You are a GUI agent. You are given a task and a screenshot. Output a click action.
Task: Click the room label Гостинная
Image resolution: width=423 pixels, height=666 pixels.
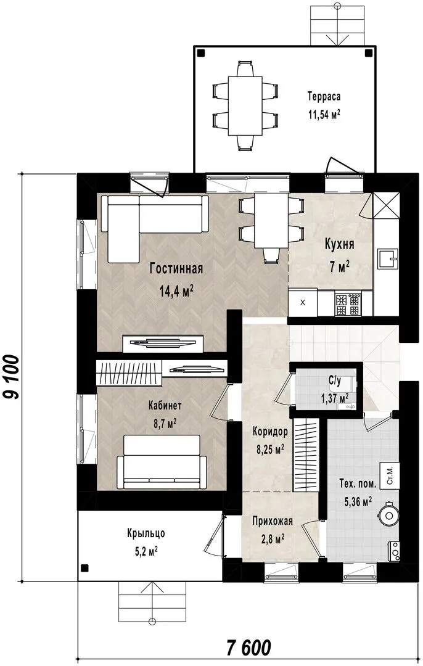tap(176, 269)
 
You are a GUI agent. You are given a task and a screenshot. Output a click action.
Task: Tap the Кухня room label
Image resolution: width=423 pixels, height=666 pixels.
tap(339, 245)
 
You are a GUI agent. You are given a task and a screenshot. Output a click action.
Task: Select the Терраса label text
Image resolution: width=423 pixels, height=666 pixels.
tap(324, 97)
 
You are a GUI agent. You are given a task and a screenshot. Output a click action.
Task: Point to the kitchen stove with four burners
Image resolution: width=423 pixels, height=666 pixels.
tap(348, 303)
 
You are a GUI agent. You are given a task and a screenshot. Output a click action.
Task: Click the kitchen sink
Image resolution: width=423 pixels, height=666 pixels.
tap(388, 258)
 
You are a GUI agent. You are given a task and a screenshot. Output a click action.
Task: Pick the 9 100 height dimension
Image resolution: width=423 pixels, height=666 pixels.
tap(12, 377)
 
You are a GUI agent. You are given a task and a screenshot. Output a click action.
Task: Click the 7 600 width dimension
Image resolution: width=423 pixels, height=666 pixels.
tap(248, 648)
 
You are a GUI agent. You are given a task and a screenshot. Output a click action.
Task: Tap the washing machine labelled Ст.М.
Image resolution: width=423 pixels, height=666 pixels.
tap(390, 475)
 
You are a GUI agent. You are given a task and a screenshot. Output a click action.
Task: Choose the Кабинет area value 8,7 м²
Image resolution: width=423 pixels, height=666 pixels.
tap(165, 424)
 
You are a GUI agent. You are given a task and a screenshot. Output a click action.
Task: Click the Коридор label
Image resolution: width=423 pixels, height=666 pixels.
tap(270, 432)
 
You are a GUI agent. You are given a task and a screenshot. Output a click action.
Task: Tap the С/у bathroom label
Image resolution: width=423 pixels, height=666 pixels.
tap(335, 382)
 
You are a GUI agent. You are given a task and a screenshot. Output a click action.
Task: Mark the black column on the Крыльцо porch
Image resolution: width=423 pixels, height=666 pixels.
tap(85, 567)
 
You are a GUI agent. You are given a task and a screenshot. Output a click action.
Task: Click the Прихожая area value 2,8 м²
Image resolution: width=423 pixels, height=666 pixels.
tap(272, 540)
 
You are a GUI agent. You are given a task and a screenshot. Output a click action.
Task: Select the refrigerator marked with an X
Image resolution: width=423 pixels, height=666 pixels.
tap(303, 303)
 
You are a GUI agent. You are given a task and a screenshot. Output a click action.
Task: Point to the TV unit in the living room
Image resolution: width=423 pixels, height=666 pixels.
tap(163, 343)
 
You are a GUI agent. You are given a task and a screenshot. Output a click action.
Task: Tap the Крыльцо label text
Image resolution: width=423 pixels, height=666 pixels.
tap(146, 533)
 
